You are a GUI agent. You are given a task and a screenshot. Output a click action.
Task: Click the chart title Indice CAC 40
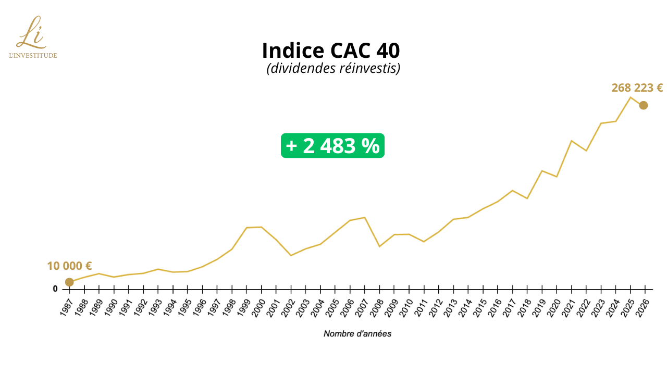[x=331, y=51]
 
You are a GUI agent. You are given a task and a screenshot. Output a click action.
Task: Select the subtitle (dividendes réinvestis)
[x=333, y=68]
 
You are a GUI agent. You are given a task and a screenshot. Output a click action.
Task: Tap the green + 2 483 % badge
[x=332, y=146]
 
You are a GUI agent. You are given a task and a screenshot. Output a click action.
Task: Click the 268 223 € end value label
[x=637, y=88]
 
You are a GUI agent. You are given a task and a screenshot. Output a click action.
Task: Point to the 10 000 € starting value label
[x=69, y=266]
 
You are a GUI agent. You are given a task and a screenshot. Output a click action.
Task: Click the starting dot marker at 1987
[x=69, y=282]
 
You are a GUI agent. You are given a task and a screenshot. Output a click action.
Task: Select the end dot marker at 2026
[x=644, y=105]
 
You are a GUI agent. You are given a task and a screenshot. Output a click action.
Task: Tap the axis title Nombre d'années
[x=357, y=333]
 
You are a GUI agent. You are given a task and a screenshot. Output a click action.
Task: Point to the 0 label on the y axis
[x=55, y=289]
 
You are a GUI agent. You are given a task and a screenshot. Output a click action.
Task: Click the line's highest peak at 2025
[x=630, y=97]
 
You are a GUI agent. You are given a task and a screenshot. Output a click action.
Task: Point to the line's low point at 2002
[x=291, y=255]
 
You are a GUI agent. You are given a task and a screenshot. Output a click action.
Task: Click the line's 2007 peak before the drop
[x=365, y=217]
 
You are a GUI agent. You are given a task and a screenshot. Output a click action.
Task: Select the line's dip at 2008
[x=379, y=246]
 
